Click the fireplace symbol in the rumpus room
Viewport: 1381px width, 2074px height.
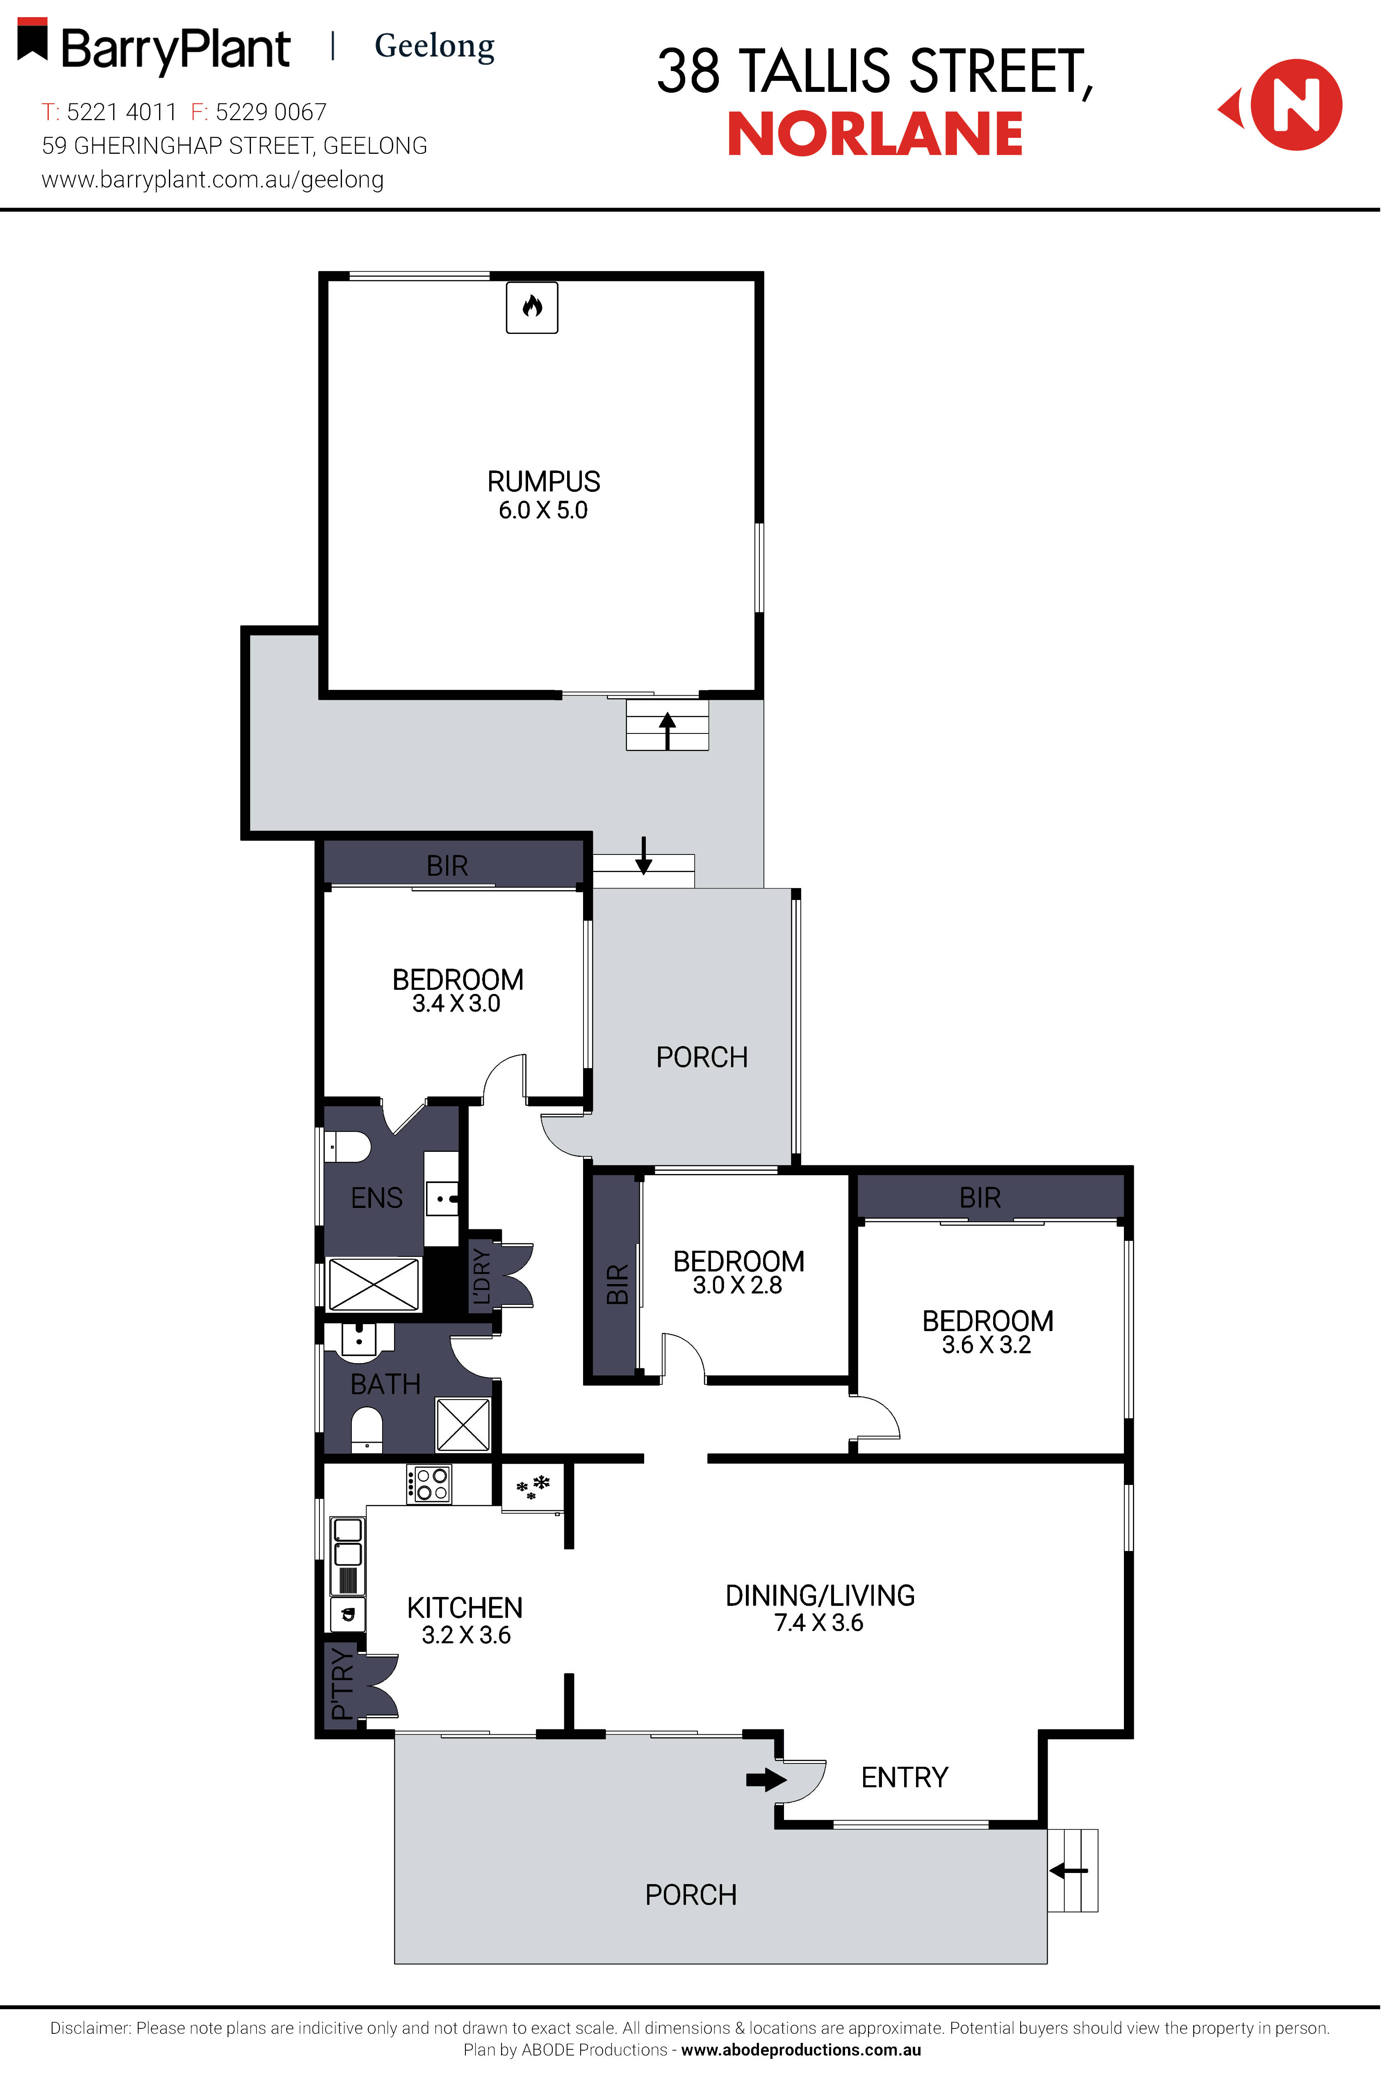tap(532, 306)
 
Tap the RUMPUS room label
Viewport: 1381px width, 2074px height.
tap(543, 482)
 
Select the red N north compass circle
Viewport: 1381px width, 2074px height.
tap(1296, 105)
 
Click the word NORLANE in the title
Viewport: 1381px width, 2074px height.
tap(875, 135)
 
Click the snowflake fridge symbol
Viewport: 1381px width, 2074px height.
tap(533, 1486)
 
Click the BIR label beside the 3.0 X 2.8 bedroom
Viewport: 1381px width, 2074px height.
tap(617, 1284)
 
